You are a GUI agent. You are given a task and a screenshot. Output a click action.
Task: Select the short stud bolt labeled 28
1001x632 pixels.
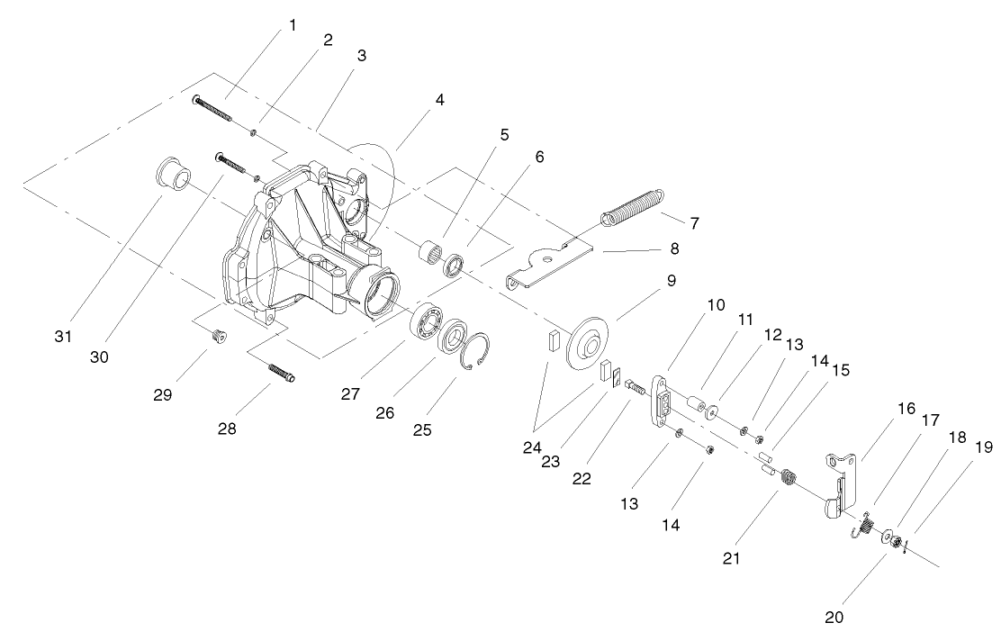(280, 372)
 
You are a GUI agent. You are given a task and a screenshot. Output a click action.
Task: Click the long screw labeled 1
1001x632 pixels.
(212, 112)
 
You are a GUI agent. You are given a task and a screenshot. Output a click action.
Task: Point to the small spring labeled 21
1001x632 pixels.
(788, 479)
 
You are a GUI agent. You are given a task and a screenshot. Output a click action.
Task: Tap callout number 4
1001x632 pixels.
(439, 99)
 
